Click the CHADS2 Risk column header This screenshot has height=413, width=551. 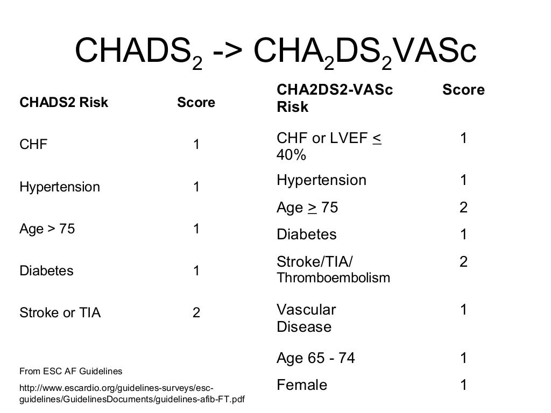tap(63, 102)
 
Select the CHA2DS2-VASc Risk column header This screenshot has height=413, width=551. tap(335, 98)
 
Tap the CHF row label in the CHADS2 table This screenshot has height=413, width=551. tap(33, 144)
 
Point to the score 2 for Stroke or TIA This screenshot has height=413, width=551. tap(196, 312)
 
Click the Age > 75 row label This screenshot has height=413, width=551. tap(47, 229)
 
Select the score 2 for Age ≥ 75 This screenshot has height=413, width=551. tap(463, 208)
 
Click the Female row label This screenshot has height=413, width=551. tap(302, 385)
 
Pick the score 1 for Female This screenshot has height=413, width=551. tap(463, 385)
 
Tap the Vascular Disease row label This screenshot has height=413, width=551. tap(306, 318)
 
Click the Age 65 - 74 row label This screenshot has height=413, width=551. tap(316, 358)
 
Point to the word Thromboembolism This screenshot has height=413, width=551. tap(333, 278)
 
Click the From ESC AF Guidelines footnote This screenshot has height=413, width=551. tap(70, 371)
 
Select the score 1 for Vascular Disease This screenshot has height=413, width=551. tap(463, 310)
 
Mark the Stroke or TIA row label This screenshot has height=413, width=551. tap(60, 312)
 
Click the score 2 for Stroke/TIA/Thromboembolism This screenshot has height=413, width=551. tap(463, 262)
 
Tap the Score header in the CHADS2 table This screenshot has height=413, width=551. tap(196, 102)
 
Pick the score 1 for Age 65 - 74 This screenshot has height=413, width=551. tap(463, 358)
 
